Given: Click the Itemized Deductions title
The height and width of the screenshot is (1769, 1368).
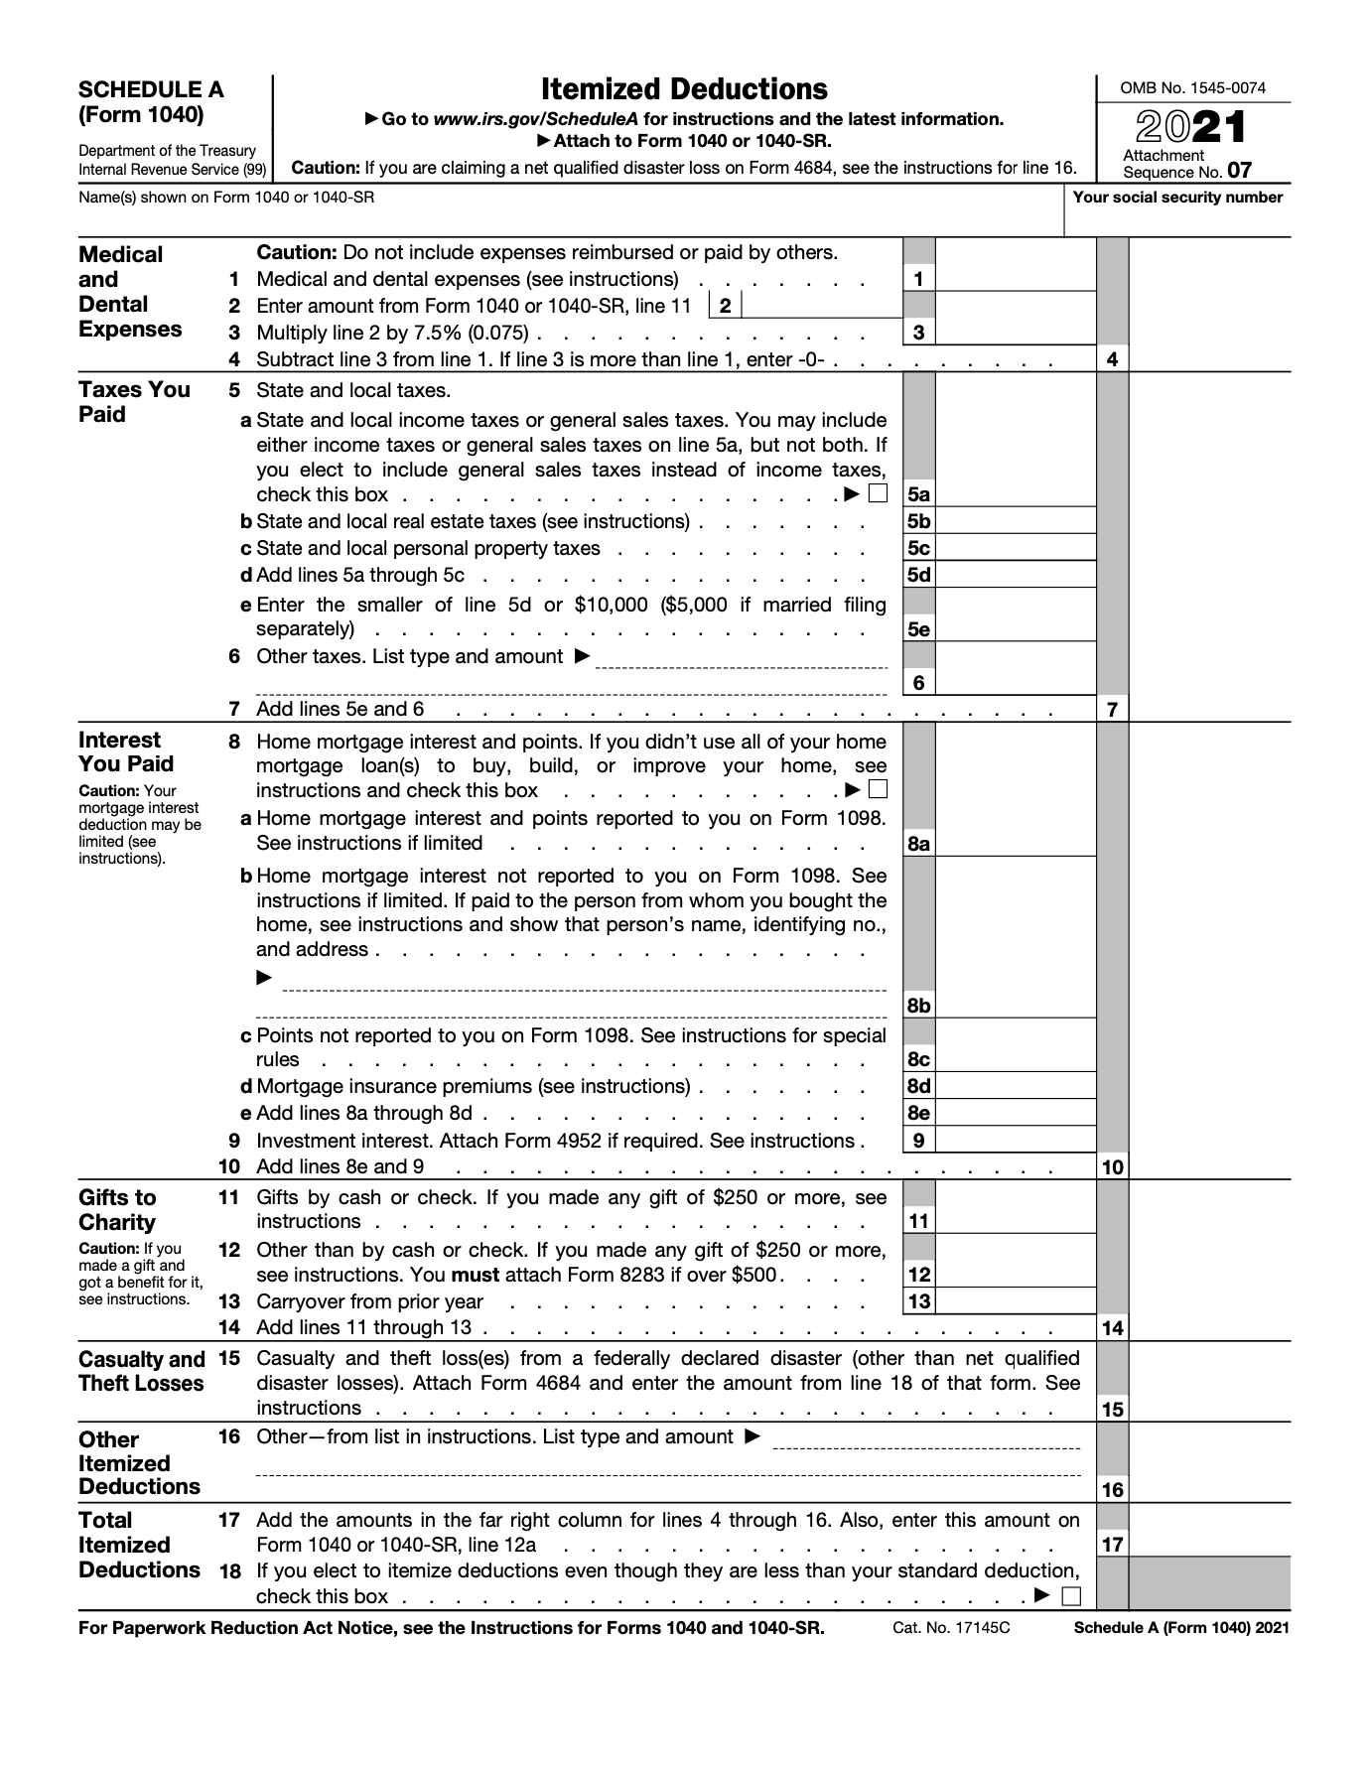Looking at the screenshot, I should (x=684, y=90).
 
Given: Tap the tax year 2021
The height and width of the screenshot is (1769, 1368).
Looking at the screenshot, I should (x=1191, y=129).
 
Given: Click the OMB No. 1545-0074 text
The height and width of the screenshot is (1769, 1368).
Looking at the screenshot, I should (x=1192, y=88).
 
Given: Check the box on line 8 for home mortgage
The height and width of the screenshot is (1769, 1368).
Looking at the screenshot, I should (x=878, y=790).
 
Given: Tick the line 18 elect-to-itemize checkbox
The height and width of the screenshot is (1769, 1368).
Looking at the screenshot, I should (x=1070, y=1596).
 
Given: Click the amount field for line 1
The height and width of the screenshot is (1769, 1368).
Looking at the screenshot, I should (x=1015, y=279).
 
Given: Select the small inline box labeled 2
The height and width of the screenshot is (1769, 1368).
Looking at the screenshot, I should (x=726, y=306).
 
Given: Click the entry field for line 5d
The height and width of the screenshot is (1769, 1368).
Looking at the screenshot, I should (x=1015, y=575).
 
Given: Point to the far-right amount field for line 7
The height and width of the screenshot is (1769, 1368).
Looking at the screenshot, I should (x=1209, y=709).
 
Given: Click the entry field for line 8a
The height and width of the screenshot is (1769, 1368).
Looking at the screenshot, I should (x=1015, y=843).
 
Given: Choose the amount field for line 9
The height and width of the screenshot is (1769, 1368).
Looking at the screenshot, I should (x=1015, y=1141).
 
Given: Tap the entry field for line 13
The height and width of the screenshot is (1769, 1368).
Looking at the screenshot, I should (x=1015, y=1301).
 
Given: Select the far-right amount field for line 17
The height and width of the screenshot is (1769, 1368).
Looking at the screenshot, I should (x=1209, y=1544).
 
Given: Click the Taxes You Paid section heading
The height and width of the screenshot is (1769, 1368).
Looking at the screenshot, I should (x=133, y=402).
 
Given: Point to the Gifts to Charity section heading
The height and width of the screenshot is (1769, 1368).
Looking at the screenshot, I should (x=117, y=1210).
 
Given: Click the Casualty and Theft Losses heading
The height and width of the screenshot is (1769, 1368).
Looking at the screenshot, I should (x=141, y=1371).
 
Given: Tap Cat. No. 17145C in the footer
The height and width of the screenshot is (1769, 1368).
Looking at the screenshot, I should (x=951, y=1628).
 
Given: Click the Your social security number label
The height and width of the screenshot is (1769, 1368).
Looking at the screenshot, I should (x=1177, y=197).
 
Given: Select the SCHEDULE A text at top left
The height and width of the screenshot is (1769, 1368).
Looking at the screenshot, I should (x=151, y=89).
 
